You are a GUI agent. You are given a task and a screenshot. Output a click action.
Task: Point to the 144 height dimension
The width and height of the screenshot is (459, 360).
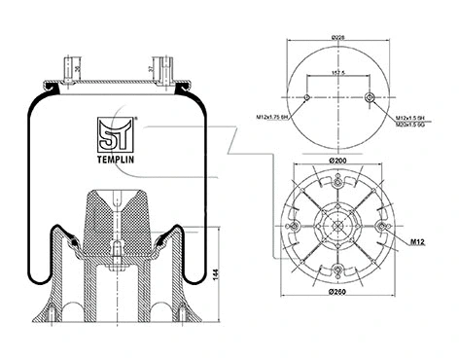coord(214,277)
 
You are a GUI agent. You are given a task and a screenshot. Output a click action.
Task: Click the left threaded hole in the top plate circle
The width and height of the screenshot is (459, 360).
coord(307,98)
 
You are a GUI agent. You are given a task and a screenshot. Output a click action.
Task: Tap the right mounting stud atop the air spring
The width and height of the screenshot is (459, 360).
coord(151,69)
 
